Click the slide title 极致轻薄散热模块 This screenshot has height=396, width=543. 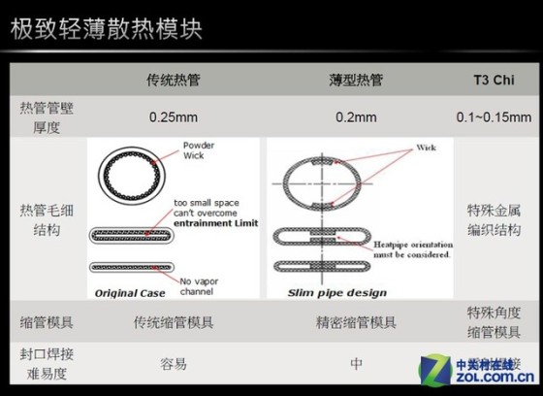click(x=106, y=28)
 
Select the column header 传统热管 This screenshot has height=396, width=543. click(x=174, y=80)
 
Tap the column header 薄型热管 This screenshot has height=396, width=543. click(x=355, y=80)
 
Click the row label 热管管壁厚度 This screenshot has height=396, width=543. click(x=46, y=116)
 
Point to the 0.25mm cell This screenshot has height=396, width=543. click(x=174, y=117)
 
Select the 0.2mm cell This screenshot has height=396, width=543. click(x=356, y=117)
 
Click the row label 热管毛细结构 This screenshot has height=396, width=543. click(x=46, y=219)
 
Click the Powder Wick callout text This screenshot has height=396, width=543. click(x=198, y=151)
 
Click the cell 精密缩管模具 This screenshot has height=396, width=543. click(x=356, y=321)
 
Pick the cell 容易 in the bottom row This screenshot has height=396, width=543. click(x=174, y=365)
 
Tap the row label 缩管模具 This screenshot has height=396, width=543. click(x=46, y=321)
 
